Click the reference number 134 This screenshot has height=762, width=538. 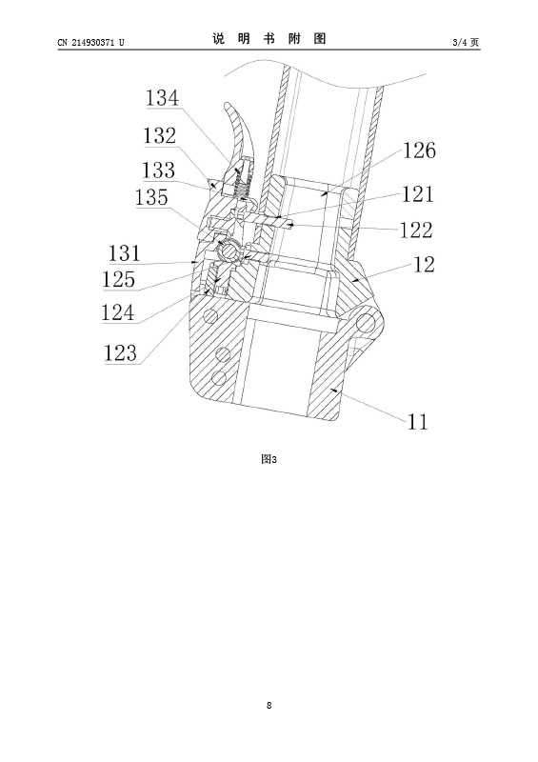[x=162, y=98]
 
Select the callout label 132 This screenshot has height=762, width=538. [x=159, y=135]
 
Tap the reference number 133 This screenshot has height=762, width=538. [x=158, y=170]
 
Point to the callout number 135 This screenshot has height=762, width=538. [x=151, y=197]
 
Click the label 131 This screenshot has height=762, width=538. [x=125, y=253]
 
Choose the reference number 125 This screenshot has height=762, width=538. [x=118, y=279]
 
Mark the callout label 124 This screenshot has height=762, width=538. [x=118, y=312]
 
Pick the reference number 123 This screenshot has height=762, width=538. [x=121, y=352]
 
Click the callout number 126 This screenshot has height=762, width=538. [x=419, y=150]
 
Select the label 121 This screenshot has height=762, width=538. [x=417, y=194]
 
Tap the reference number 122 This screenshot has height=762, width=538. [x=416, y=230]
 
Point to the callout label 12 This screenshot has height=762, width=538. [x=424, y=265]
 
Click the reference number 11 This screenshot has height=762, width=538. [x=417, y=421]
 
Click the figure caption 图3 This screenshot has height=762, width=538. [x=269, y=459]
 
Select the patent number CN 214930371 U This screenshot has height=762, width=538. [x=90, y=43]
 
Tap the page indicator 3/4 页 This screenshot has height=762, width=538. [x=466, y=43]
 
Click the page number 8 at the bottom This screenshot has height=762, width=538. [x=269, y=705]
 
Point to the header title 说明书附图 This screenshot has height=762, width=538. [x=269, y=39]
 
